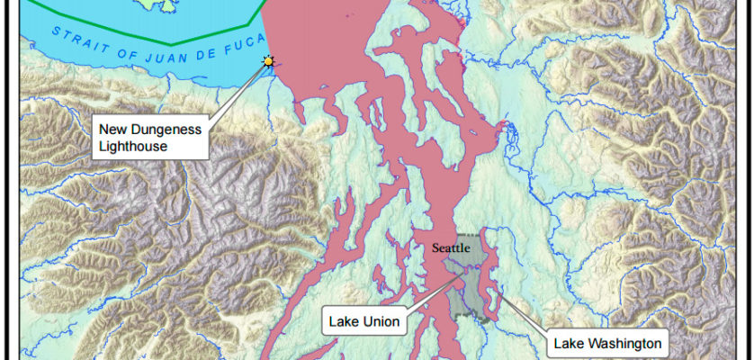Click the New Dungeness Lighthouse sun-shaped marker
pyautogui.click(x=267, y=61)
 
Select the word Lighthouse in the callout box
pyautogui.click(x=134, y=146)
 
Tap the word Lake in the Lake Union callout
pyautogui.click(x=344, y=321)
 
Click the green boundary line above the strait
pyautogui.click(x=171, y=41)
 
